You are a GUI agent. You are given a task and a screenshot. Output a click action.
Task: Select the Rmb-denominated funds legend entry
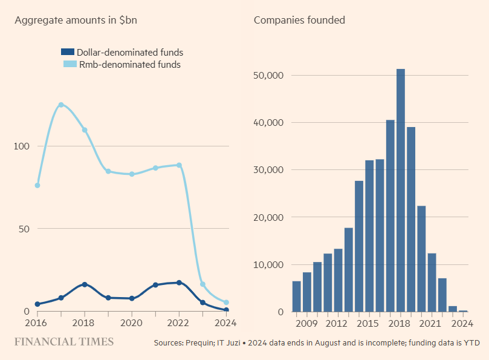pos(121,65)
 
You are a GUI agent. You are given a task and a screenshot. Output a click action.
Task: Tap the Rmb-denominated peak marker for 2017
pos(61,105)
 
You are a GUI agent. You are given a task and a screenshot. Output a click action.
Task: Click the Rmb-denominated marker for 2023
pos(202,284)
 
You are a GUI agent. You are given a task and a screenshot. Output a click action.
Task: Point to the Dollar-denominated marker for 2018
pos(85,284)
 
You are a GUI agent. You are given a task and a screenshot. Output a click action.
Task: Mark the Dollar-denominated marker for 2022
pos(179,283)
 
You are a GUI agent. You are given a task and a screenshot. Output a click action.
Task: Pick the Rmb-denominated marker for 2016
pos(37,185)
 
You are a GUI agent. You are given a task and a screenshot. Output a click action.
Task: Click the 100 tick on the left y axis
pos(22,146)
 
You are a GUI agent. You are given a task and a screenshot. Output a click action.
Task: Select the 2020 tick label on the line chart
pos(132,323)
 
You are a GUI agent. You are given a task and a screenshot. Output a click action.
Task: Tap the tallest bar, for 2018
pos(401,191)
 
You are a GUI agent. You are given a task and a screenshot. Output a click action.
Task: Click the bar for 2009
pos(307,292)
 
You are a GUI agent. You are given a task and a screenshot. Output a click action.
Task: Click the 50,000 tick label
pos(268,76)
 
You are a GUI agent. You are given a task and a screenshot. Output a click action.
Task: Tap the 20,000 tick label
pos(268,217)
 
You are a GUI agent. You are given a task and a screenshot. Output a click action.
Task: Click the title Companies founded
pos(299,20)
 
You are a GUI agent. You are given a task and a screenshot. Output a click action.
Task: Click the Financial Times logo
pos(64,342)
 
